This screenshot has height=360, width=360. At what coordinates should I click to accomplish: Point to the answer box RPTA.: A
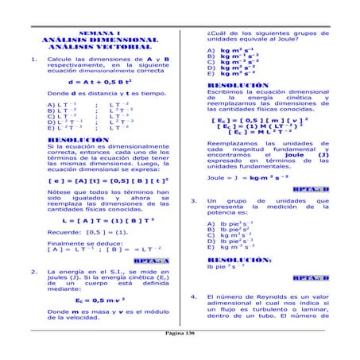(151, 260)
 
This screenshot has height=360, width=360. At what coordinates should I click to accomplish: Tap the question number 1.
(29, 60)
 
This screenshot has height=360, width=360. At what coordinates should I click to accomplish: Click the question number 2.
(29, 272)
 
